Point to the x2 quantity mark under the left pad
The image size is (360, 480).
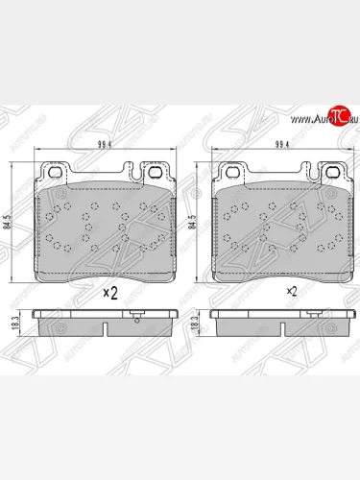[109, 294]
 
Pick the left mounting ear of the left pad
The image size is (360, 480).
[58, 174]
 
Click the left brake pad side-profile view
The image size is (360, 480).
[106, 322]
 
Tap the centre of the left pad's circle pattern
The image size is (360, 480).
[106, 225]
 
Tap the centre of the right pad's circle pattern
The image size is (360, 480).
[281, 225]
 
